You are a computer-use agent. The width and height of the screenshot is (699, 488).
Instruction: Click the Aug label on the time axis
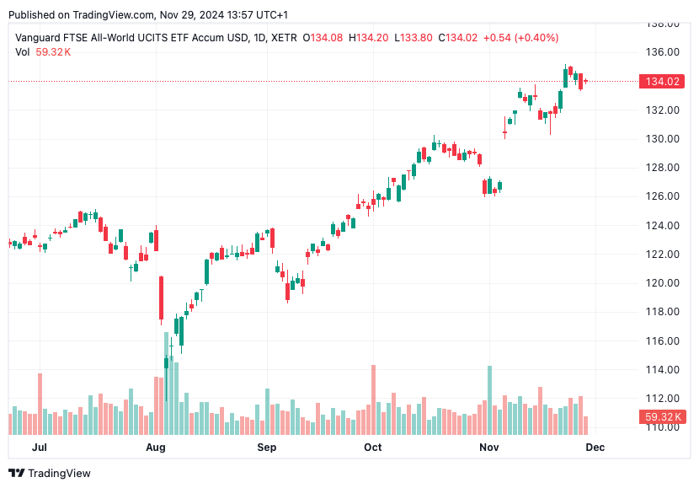pyautogui.click(x=155, y=448)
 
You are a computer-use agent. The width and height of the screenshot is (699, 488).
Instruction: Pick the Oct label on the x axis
pyautogui.click(x=372, y=448)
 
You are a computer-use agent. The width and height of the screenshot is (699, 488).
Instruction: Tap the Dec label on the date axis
pyautogui.click(x=595, y=448)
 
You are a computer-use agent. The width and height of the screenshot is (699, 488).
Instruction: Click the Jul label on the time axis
pyautogui.click(x=39, y=448)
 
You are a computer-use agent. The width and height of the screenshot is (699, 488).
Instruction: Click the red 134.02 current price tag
pyautogui.click(x=661, y=82)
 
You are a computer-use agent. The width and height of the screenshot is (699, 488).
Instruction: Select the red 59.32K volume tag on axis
pyautogui.click(x=661, y=417)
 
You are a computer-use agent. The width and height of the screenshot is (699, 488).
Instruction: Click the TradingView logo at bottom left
pyautogui.click(x=50, y=474)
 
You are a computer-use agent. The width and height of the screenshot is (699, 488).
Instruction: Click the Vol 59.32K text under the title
pyautogui.click(x=43, y=52)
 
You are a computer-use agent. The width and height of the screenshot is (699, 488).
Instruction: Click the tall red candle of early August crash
pyautogui.click(x=161, y=298)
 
